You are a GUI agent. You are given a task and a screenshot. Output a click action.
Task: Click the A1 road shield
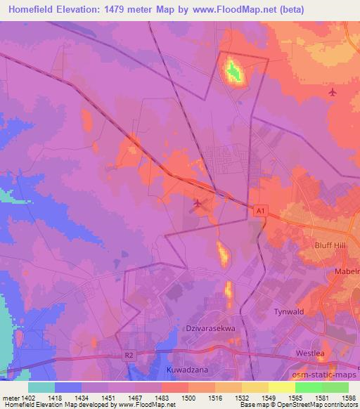click(261, 210)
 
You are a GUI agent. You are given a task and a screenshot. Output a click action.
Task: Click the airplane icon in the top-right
click(332, 92)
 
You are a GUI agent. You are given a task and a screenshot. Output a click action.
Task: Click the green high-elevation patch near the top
click(233, 71)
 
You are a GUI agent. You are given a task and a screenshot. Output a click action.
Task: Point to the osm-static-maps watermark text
click(327, 372)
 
